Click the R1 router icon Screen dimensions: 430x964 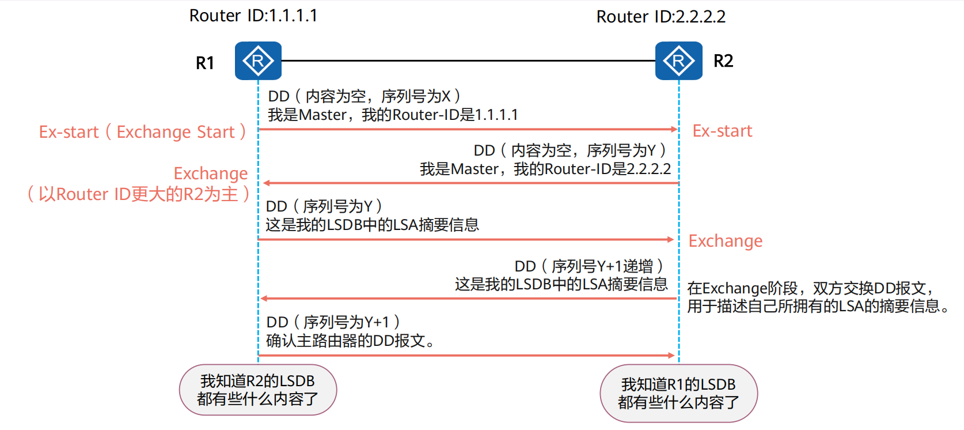[258, 61]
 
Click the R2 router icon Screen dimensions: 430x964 [678, 61]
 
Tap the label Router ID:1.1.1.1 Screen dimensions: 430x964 [253, 16]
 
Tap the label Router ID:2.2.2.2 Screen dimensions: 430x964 [661, 17]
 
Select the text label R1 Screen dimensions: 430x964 [205, 63]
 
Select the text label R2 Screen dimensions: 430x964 [723, 61]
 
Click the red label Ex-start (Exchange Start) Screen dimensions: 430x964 [142, 132]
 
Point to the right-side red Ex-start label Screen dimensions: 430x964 [722, 131]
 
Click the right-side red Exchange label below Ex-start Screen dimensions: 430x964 [725, 241]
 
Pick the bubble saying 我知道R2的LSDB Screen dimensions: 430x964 [257, 390]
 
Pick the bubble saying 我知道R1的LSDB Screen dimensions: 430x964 [678, 393]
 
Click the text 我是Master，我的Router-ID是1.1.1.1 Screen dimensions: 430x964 [393, 115]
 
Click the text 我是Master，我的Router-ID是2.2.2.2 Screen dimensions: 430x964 [545, 169]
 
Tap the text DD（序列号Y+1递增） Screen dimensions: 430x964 [589, 266]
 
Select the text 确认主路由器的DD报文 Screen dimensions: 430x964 [350, 341]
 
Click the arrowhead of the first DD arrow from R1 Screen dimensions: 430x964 [674, 129]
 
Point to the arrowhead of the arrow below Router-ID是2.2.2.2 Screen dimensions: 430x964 [266, 183]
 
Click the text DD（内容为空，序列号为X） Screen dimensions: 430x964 [364, 96]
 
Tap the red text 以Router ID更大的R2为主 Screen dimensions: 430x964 [138, 194]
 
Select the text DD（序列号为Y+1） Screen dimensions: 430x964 [333, 322]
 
